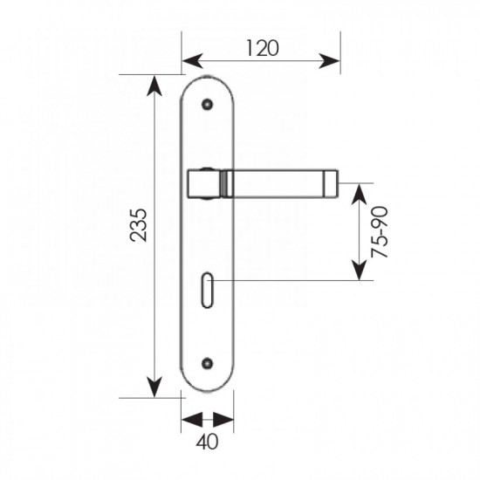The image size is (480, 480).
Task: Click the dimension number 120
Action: (263, 48)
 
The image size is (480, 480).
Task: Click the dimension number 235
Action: (139, 225)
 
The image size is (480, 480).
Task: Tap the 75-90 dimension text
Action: (380, 232)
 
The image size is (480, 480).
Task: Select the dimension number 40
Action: (207, 442)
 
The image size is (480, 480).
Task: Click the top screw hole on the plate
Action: (207, 105)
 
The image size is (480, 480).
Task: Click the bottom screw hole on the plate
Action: (207, 363)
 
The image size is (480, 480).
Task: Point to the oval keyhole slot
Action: (207, 290)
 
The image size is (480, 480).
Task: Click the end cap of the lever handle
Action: (331, 183)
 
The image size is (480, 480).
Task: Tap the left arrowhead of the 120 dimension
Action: (193, 61)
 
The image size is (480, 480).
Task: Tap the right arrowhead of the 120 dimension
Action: (329, 61)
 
